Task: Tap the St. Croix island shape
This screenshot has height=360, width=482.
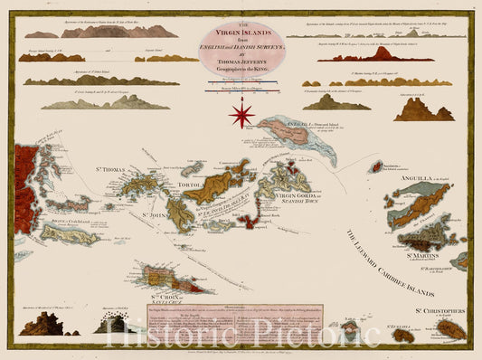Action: coord(176,279)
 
